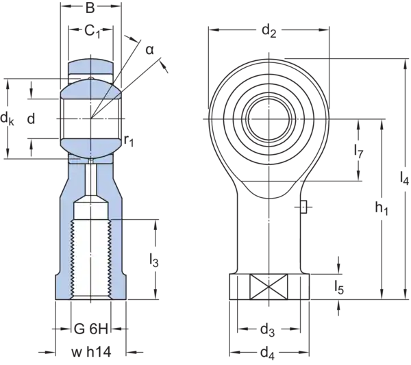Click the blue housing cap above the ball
92,68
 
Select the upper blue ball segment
92,91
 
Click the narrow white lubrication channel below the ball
92,179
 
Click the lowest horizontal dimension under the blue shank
92,355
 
